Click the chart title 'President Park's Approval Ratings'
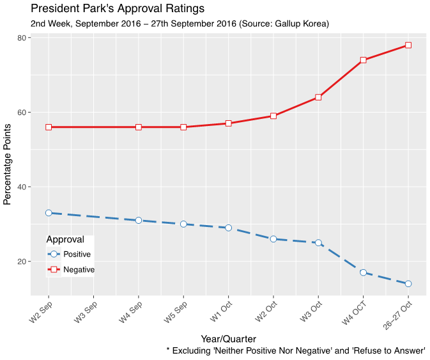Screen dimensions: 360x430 point(117,9)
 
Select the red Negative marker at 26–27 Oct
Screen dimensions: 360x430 point(408,45)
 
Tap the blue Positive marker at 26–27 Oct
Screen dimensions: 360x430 point(408,284)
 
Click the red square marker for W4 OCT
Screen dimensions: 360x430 point(363,60)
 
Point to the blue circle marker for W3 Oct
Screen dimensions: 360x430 point(318,243)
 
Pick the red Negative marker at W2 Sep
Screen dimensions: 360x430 point(49,127)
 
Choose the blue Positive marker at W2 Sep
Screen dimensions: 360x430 point(49,213)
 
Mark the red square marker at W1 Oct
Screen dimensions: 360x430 point(228,123)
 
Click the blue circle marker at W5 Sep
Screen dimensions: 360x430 point(183,224)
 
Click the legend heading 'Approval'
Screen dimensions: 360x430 point(65,240)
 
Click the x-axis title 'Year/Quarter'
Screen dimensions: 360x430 point(228,339)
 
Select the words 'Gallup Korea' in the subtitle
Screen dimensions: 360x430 point(300,24)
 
